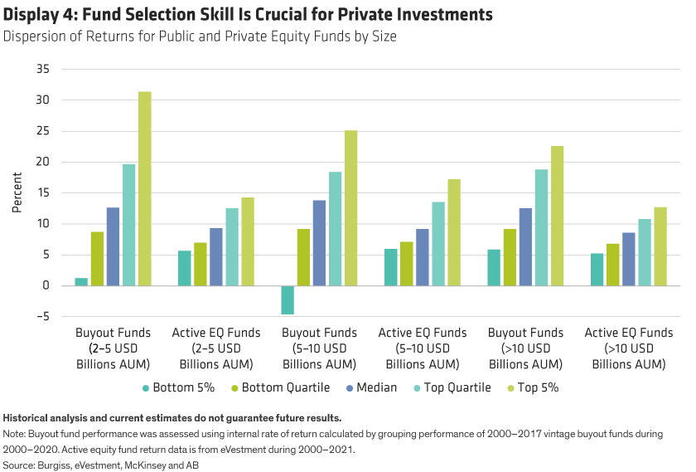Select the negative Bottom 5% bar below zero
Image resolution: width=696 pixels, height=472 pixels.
pos(287,300)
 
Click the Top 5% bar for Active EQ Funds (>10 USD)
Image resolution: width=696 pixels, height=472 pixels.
pos(660,246)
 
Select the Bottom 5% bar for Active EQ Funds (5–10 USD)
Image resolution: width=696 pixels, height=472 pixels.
pos(390,267)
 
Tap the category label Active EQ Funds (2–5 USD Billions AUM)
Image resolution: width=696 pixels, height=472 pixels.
pos(216,348)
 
